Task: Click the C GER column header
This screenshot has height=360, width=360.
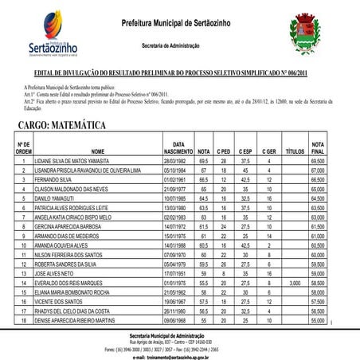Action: tap(268, 150)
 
